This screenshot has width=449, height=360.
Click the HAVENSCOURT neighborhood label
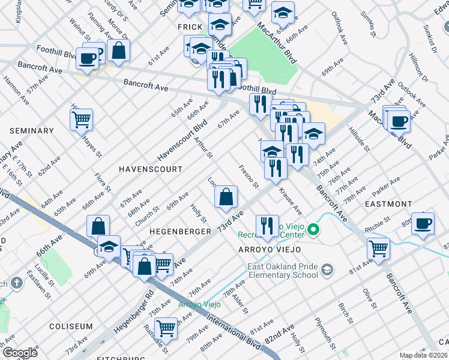[150, 170]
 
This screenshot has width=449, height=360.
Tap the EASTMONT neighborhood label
[388, 205]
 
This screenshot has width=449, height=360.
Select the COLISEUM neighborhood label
[71, 327]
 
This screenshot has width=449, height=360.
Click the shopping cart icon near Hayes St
[82, 119]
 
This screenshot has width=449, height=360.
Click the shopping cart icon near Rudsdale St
[166, 328]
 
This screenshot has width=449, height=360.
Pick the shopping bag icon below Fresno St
[226, 197]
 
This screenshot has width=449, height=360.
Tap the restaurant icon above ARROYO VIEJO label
[267, 226]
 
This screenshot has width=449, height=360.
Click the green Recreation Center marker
[313, 229]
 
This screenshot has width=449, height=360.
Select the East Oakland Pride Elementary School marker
[327, 269]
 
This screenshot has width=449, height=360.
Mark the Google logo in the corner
[19, 352]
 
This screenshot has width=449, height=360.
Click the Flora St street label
[103, 183]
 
